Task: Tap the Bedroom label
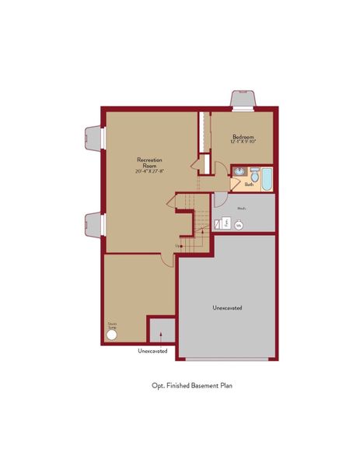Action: pyautogui.click(x=243, y=136)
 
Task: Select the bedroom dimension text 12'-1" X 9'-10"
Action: pyautogui.click(x=243, y=142)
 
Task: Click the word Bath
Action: pyautogui.click(x=249, y=184)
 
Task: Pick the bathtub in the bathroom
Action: pyautogui.click(x=267, y=180)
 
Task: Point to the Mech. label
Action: pyautogui.click(x=242, y=208)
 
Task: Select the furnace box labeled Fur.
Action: pyautogui.click(x=226, y=223)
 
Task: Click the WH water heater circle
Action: pyautogui.click(x=239, y=225)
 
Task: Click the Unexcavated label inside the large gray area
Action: pyautogui.click(x=227, y=307)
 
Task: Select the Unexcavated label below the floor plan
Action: pyautogui.click(x=153, y=350)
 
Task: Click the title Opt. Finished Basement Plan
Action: pyautogui.click(x=193, y=385)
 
